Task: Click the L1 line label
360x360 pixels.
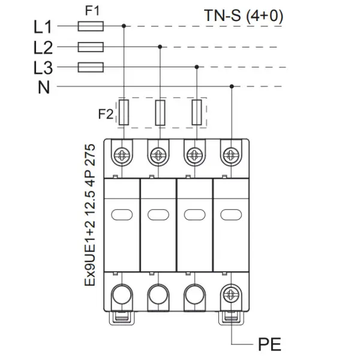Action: pyautogui.click(x=43, y=27)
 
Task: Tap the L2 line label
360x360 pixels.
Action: pyautogui.click(x=43, y=48)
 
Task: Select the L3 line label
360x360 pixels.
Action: pyautogui.click(x=43, y=68)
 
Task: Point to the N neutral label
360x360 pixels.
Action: pyautogui.click(x=44, y=87)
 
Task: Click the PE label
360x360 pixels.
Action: pyautogui.click(x=269, y=344)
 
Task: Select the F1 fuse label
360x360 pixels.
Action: pyautogui.click(x=92, y=11)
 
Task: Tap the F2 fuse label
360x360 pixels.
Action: pyautogui.click(x=106, y=114)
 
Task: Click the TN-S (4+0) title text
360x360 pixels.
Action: pyautogui.click(x=244, y=16)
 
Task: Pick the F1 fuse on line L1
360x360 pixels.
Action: pyautogui.click(x=91, y=26)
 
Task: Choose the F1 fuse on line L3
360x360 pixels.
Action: pyautogui.click(x=91, y=67)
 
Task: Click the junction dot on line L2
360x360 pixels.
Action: pyautogui.click(x=160, y=47)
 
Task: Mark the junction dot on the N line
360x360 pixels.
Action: pyautogui.click(x=232, y=86)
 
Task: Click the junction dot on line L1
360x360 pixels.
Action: pyautogui.click(x=124, y=26)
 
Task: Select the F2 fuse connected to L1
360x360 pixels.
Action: pyautogui.click(x=124, y=113)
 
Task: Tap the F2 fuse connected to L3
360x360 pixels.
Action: pyautogui.click(x=197, y=113)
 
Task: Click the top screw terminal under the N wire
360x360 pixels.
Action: pyautogui.click(x=231, y=155)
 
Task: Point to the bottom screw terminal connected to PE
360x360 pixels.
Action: pyautogui.click(x=231, y=295)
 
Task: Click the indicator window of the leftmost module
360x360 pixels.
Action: pyautogui.click(x=122, y=215)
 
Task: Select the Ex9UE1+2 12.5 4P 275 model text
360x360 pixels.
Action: pyautogui.click(x=90, y=215)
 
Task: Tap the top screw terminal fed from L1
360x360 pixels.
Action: pyautogui.click(x=122, y=155)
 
